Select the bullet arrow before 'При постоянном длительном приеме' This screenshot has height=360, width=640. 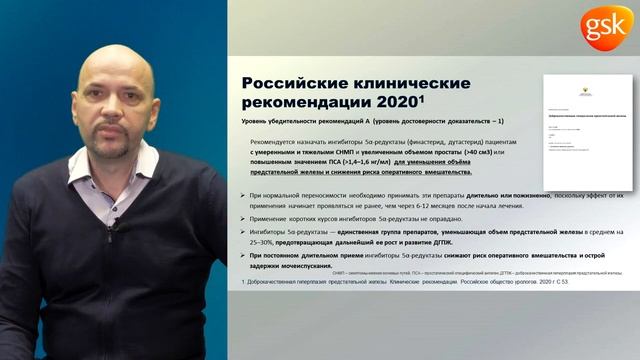246,256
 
